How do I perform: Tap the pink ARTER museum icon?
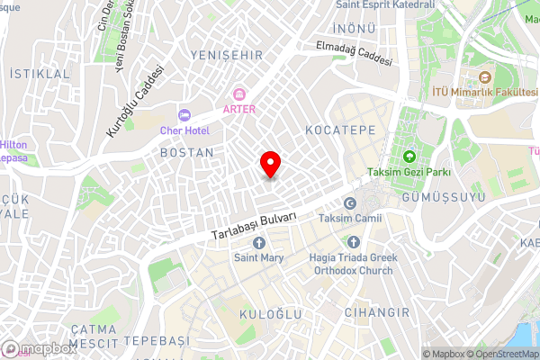tap(239, 94)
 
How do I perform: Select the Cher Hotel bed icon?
tap(184, 115)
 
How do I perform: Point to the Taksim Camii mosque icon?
tap(350, 203)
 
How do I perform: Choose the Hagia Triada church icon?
tap(354, 242)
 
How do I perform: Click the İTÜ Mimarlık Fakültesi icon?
tap(486, 78)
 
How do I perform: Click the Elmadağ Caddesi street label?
tap(354, 54)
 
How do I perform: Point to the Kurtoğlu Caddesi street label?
tap(137, 101)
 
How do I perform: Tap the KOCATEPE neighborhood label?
tap(339, 130)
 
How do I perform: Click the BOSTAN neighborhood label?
tap(186, 154)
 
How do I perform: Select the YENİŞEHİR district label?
tap(226, 56)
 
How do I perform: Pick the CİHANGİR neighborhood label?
tap(376, 312)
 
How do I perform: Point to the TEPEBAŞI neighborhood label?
tap(157, 340)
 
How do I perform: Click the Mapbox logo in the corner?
tap(39, 348)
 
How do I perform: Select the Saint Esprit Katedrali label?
tap(384, 4)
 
